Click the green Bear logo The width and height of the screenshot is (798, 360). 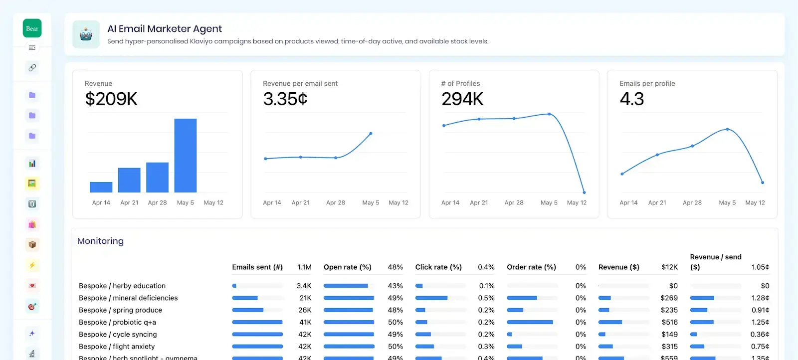click(x=32, y=28)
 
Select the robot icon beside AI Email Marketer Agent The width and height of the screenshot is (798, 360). click(x=86, y=34)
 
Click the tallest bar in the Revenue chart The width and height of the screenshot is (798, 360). click(x=185, y=155)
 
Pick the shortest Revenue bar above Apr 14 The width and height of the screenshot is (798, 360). click(x=101, y=187)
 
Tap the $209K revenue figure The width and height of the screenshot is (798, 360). click(x=111, y=99)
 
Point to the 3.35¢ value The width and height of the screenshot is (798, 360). click(x=285, y=99)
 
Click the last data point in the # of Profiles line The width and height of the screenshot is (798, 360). click(x=584, y=192)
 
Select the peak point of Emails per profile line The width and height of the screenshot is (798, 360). click(x=727, y=129)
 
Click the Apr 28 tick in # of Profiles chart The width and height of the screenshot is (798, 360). click(x=514, y=203)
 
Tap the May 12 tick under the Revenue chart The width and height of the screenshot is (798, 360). click(x=213, y=203)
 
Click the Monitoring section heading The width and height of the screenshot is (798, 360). click(x=100, y=241)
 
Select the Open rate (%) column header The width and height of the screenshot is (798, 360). click(x=347, y=267)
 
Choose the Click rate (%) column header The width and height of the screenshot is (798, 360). click(x=438, y=267)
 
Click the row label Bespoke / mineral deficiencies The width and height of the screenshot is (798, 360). click(x=128, y=298)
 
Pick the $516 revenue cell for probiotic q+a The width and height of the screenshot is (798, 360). click(x=669, y=322)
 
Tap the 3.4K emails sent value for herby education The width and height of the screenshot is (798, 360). click(x=304, y=286)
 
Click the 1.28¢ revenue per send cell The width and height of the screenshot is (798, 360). click(x=760, y=298)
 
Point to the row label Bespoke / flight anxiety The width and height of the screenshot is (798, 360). click(x=117, y=347)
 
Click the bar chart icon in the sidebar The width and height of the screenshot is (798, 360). click(x=32, y=164)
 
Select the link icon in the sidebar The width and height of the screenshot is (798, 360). click(x=32, y=67)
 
